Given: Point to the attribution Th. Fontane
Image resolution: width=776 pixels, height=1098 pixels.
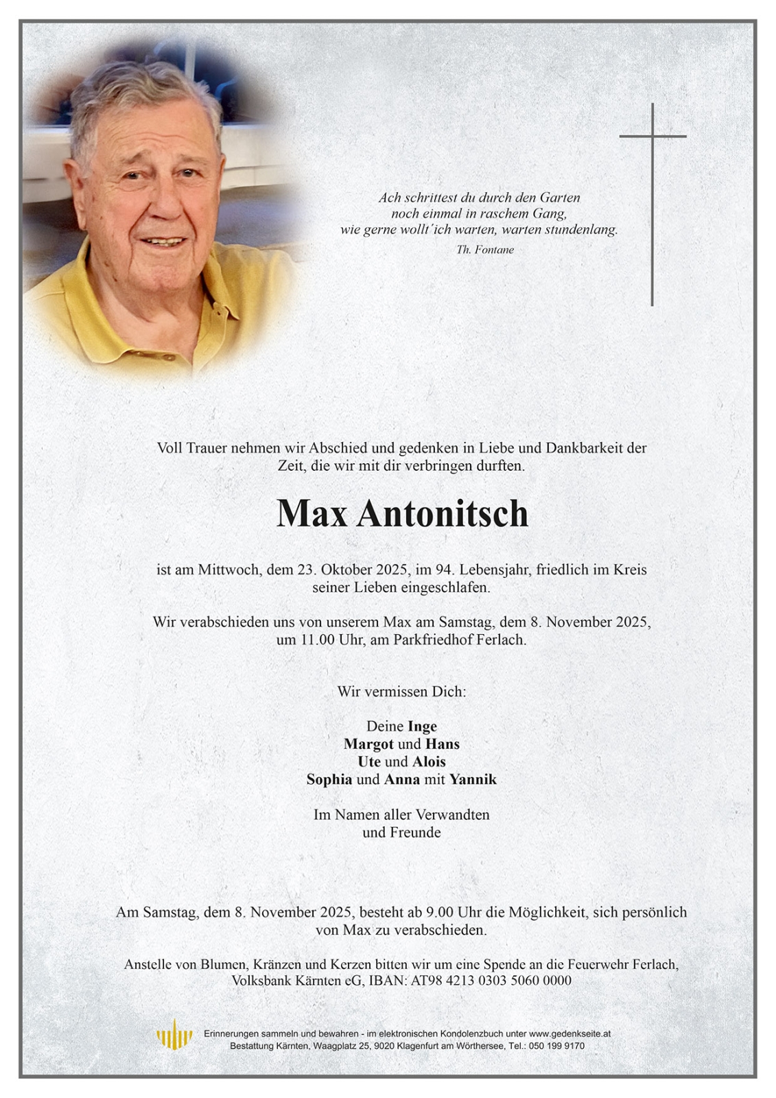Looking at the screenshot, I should tap(484, 250).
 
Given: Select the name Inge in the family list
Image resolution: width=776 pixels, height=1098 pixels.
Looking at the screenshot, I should tap(422, 726).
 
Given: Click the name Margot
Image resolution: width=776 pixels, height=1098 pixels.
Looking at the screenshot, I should tap(368, 744).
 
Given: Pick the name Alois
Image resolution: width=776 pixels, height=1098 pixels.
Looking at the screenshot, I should tap(429, 762).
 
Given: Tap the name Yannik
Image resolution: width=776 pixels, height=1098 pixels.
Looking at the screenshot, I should tap(473, 780).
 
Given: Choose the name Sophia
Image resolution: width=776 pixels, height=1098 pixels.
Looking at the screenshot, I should tap(329, 780).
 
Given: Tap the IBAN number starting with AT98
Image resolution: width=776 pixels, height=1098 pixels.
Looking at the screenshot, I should tap(491, 981).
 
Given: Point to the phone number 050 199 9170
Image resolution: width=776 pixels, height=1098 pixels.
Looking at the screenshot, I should tap(559, 1046).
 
